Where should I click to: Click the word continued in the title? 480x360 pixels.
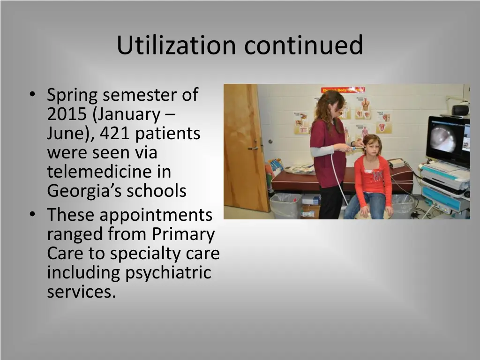pyautogui.click(x=303, y=45)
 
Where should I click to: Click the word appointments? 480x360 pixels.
pyautogui.click(x=156, y=215)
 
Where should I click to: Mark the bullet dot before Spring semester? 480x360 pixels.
pyautogui.click(x=31, y=96)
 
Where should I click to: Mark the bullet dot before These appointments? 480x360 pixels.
pyautogui.click(x=31, y=215)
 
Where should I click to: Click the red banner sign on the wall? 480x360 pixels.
pyautogui.click(x=343, y=90)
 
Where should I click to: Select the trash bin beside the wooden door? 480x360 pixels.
pyautogui.click(x=285, y=205)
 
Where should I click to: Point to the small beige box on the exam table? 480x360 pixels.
pyautogui.click(x=397, y=163)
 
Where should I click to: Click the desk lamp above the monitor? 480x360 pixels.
pyautogui.click(x=460, y=109)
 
